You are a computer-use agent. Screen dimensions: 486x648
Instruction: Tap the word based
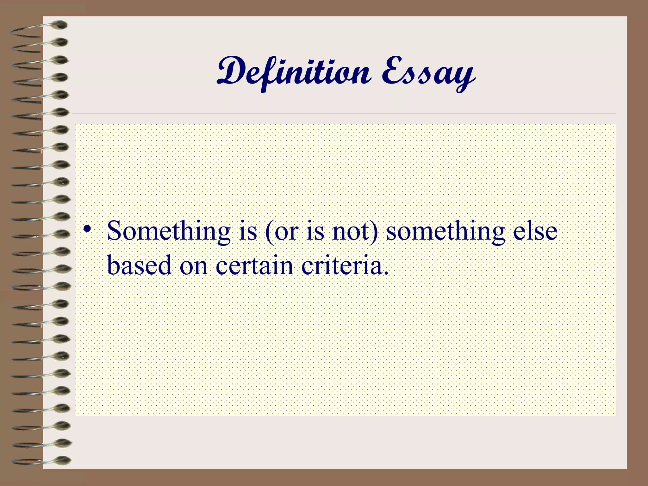[139, 265]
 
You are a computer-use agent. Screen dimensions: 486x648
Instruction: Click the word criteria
[342, 265]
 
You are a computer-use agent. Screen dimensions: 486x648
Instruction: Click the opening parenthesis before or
[270, 232]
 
